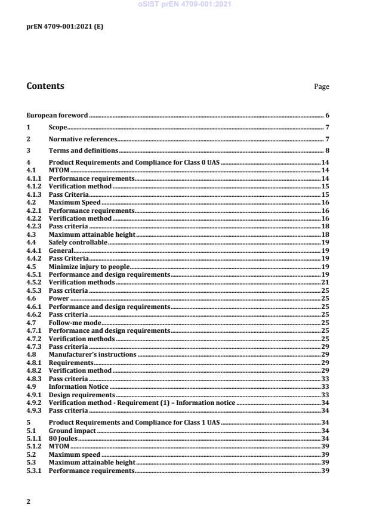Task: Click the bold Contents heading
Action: pyautogui.click(x=45, y=86)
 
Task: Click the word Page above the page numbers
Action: pyautogui.click(x=322, y=87)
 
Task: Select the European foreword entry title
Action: pyautogui.click(x=57, y=114)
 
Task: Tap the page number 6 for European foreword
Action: pyautogui.click(x=328, y=114)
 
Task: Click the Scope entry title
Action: pyautogui.click(x=58, y=127)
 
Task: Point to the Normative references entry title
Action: pyautogui.click(x=82, y=139)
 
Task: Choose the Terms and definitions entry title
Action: pyautogui.click(x=84, y=150)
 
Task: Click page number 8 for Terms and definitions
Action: pyautogui.click(x=328, y=150)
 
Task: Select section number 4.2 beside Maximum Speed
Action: pyautogui.click(x=31, y=203)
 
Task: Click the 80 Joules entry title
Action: pyautogui.click(x=61, y=439)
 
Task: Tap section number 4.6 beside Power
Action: pyautogui.click(x=31, y=299)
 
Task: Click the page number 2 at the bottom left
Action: pyautogui.click(x=29, y=502)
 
